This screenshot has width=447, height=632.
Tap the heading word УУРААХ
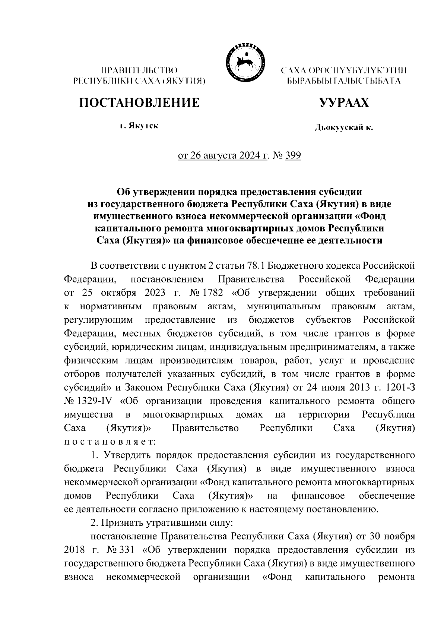coord(344,102)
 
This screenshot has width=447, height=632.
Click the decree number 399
coord(293,155)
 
